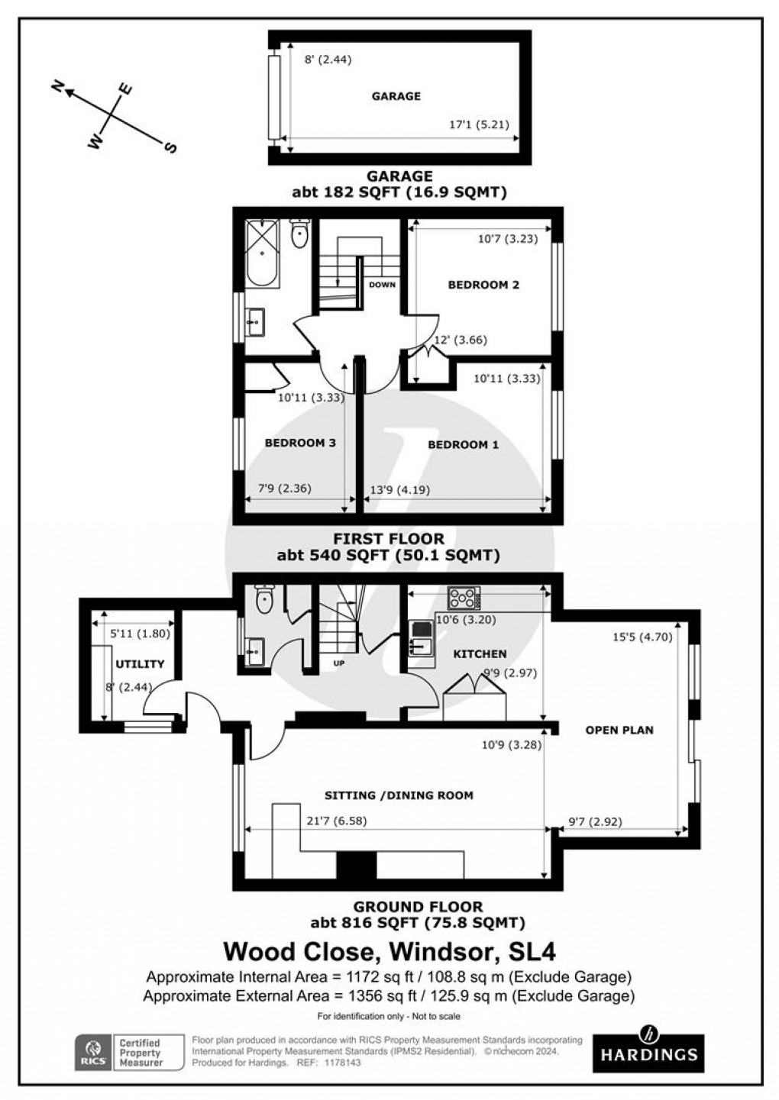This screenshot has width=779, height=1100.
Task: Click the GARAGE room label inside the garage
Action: coord(396,96)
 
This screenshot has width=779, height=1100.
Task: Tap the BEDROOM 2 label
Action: coord(483,285)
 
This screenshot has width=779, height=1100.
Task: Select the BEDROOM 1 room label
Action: coord(463,444)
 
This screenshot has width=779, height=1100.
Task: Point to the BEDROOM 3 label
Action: coord(300,443)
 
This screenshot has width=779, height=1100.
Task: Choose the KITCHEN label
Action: coord(480,653)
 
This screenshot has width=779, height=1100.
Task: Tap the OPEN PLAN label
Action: coord(619,730)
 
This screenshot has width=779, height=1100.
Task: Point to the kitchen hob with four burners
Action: coord(463,595)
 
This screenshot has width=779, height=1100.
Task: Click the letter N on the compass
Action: coord(57,86)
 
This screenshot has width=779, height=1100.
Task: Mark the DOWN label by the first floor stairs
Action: coord(382,285)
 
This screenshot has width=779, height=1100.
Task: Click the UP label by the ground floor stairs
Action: coord(339,663)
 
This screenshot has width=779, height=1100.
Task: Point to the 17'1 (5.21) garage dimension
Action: coord(478,125)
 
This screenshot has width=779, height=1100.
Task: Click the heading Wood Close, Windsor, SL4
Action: coord(389,952)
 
